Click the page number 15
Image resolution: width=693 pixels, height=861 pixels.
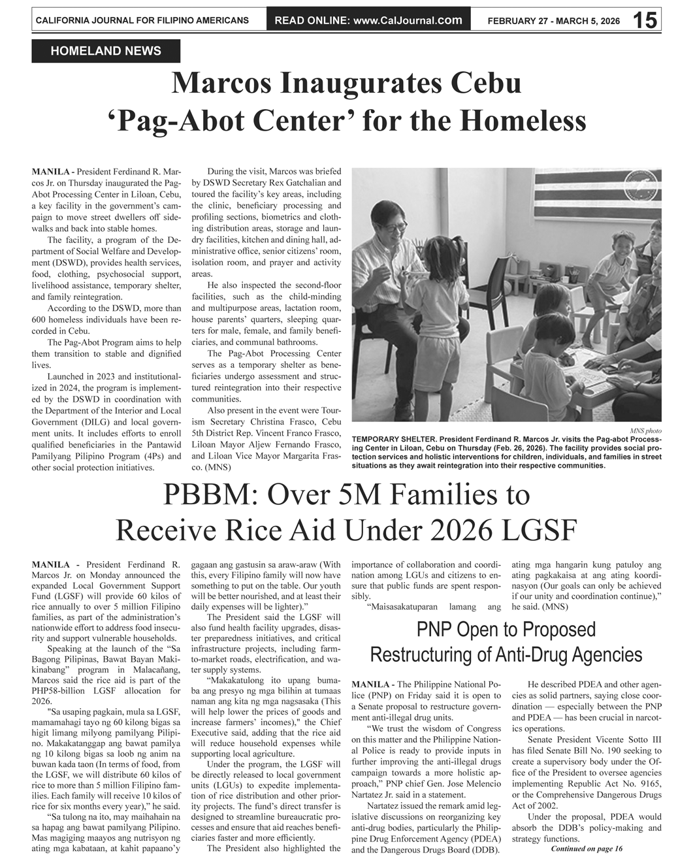[x=645, y=20]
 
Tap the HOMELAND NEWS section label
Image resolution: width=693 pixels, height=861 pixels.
[x=106, y=51]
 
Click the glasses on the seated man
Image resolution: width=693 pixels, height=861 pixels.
[x=393, y=228]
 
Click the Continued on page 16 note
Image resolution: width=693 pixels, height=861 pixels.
[x=587, y=849]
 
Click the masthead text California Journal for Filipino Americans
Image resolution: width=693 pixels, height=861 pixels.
[x=142, y=20]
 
